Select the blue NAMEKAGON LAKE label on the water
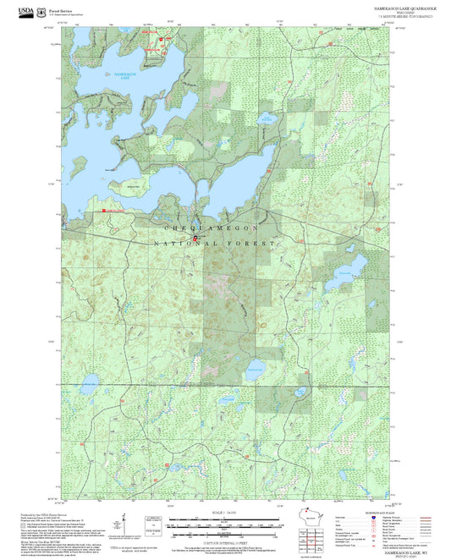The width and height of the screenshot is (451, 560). (x=125, y=75)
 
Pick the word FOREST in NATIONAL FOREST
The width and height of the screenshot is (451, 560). (x=259, y=244)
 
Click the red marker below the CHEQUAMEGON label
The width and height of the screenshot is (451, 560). (x=196, y=238)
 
